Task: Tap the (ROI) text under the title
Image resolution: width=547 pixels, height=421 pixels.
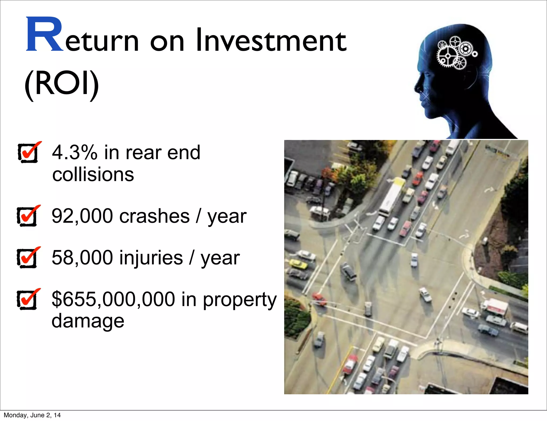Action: click(62, 84)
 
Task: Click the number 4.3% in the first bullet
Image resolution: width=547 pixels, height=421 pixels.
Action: click(75, 153)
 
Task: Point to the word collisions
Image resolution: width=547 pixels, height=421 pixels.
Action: click(93, 174)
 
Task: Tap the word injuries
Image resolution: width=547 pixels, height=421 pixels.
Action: click(151, 258)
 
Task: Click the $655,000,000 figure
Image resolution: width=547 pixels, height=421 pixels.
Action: click(113, 299)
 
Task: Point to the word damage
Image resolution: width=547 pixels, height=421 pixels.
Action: click(88, 321)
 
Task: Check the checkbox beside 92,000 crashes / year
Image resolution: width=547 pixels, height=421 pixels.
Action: click(27, 216)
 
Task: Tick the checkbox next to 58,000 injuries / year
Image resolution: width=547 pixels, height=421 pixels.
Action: click(27, 258)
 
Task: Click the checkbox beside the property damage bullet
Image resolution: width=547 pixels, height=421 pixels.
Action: click(27, 299)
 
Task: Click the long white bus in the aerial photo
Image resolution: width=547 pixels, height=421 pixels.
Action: click(391, 198)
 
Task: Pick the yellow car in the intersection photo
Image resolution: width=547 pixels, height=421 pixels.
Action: click(298, 264)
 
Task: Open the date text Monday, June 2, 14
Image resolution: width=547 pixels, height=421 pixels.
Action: click(32, 415)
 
